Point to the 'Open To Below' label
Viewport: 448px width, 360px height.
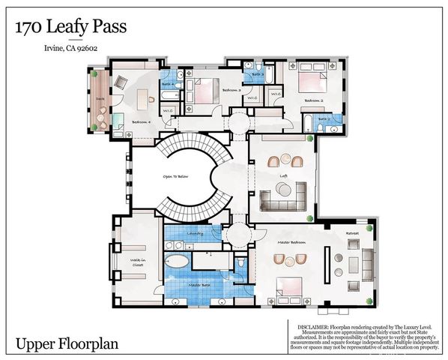pyautogui.click(x=176, y=178)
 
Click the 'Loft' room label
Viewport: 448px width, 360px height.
pyautogui.click(x=284, y=177)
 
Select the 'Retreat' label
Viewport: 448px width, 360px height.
pyautogui.click(x=352, y=234)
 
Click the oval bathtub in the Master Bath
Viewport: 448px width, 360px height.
pyautogui.click(x=178, y=262)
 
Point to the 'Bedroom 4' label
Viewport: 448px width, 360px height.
pyautogui.click(x=142, y=121)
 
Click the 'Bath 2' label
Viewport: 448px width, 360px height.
pyautogui.click(x=324, y=118)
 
